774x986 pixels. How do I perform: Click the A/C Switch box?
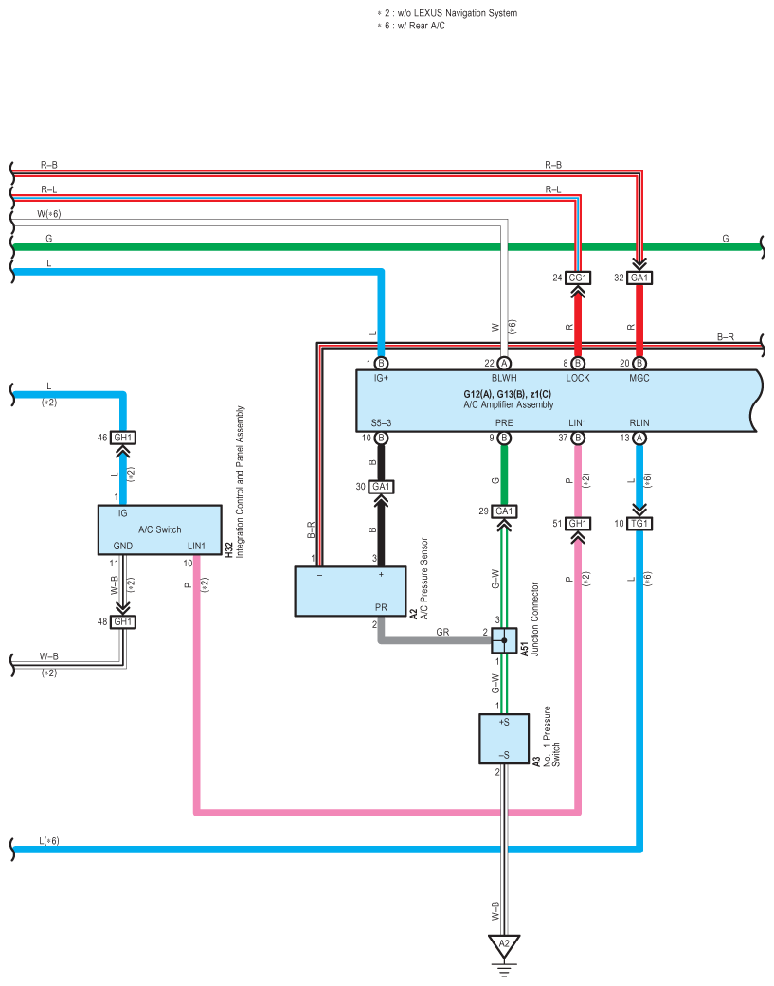(x=160, y=529)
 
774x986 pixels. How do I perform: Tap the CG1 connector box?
(x=577, y=278)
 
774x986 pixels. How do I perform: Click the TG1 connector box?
(x=639, y=523)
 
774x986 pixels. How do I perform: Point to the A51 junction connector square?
(x=504, y=640)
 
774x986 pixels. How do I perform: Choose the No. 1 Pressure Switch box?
(x=504, y=739)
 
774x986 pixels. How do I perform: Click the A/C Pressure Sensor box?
(x=351, y=591)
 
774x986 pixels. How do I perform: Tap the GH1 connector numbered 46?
(x=122, y=437)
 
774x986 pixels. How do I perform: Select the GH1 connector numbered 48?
(x=122, y=621)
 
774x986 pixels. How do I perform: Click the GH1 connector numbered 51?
(x=577, y=523)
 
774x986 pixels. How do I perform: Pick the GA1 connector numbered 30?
(x=381, y=486)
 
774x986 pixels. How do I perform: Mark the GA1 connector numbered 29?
(x=504, y=511)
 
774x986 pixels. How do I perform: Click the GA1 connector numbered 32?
(x=639, y=278)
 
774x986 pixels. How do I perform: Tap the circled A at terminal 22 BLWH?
(x=504, y=363)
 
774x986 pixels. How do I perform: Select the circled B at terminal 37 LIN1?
(x=577, y=438)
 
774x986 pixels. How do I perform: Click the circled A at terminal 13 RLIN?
(x=639, y=438)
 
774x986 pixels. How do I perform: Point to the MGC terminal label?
(x=639, y=378)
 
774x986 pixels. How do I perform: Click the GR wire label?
(x=442, y=632)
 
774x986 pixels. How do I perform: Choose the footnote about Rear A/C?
(x=411, y=26)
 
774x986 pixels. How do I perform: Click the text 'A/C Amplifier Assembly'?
(x=508, y=404)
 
